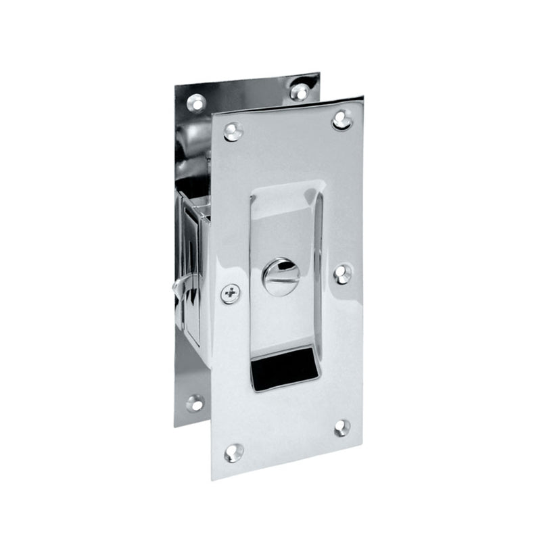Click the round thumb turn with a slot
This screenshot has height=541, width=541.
click(x=281, y=277)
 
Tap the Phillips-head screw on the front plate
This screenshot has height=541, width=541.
click(x=231, y=293)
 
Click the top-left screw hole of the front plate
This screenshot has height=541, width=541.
click(x=233, y=131)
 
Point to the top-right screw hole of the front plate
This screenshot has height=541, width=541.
click(x=342, y=120)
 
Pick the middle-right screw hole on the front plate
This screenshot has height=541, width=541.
click(x=343, y=273)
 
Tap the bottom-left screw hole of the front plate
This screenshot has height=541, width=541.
click(x=233, y=452)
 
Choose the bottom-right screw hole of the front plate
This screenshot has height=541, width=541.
click(x=342, y=427)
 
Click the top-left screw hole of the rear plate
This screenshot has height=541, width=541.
click(x=196, y=102)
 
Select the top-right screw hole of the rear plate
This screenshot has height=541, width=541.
click(x=300, y=91)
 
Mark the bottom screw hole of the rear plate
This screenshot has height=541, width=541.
click(x=195, y=402)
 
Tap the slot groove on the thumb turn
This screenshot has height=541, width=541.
click(x=281, y=277)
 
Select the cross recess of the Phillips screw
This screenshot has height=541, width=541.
click(x=231, y=293)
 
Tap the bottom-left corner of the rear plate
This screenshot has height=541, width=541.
click(x=175, y=427)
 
